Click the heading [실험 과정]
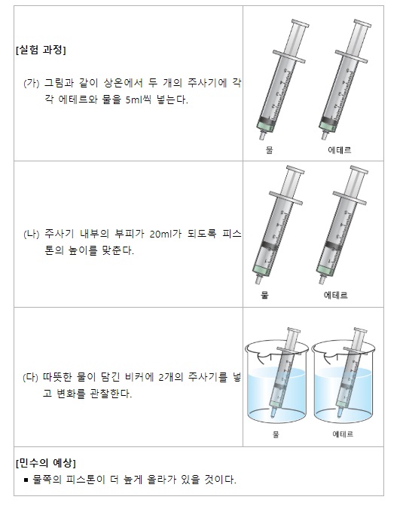coord(41,50)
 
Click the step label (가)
coord(32,84)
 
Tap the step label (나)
coord(32,234)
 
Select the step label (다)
coord(31,378)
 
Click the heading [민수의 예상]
coord(46,462)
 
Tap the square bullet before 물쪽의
coord(26,480)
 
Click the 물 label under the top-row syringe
coord(270,150)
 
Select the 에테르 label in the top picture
coord(340,150)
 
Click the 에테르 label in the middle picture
coord(335,295)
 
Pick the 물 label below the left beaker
coord(276,434)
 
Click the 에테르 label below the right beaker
coord(343,434)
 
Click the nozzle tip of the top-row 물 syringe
coord(261,138)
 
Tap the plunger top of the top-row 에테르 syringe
coord(362,23)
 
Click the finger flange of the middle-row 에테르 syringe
coord(350,198)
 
